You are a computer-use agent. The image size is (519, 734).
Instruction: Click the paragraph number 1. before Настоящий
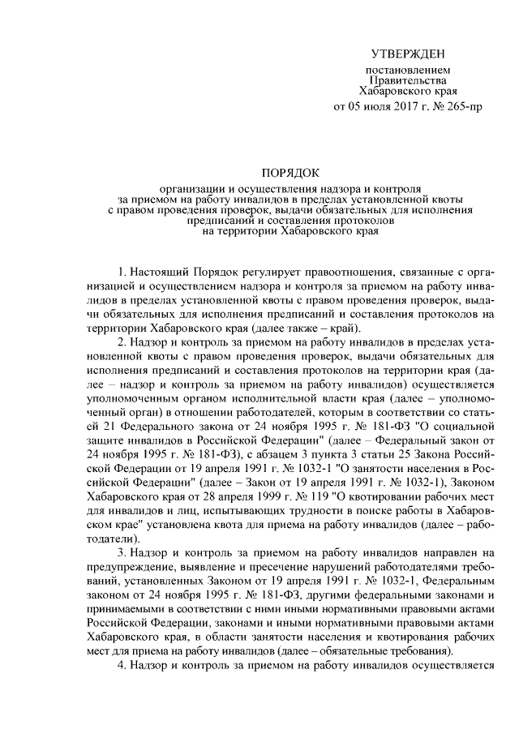122,269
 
